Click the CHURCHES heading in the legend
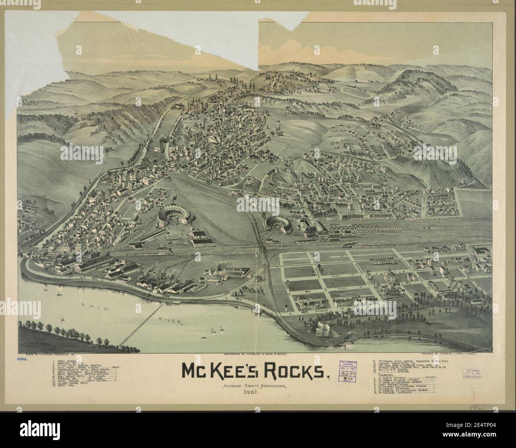point(387,375)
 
